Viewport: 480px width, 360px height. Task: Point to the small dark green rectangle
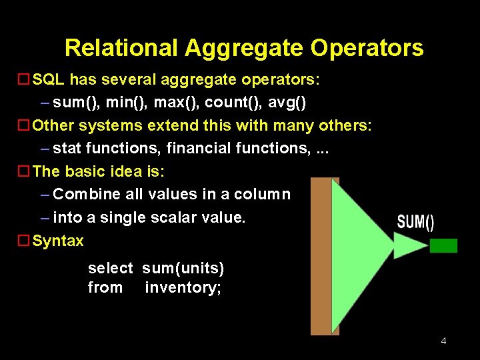[x=443, y=245]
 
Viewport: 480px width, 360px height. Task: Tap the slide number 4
[x=443, y=341]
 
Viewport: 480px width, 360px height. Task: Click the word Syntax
[x=58, y=241]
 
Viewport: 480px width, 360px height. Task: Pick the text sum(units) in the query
[x=183, y=269]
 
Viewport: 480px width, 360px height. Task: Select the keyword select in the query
[x=111, y=269]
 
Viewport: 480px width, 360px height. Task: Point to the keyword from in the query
[x=105, y=288]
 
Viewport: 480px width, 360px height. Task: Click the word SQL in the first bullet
[x=48, y=80]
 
